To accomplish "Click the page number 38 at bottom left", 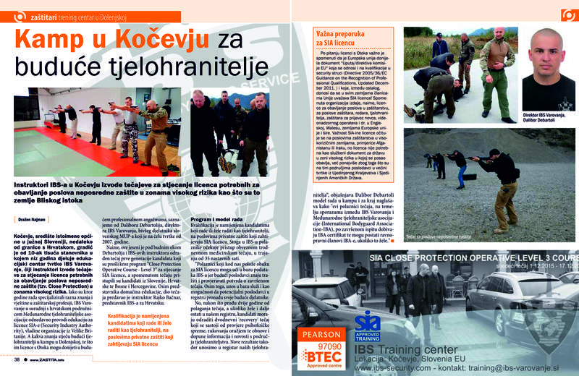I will click(x=17, y=359).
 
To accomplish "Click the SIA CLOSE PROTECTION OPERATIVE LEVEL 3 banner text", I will click(x=471, y=257).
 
